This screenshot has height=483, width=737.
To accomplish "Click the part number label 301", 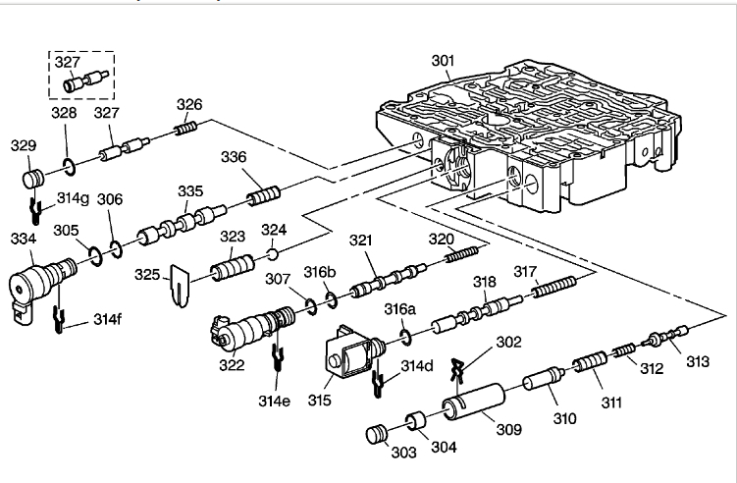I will [443, 61].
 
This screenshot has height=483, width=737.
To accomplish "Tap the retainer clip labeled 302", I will [453, 370].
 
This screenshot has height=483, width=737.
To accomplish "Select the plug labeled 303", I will [378, 434].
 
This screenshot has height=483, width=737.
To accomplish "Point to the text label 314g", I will [73, 197].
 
